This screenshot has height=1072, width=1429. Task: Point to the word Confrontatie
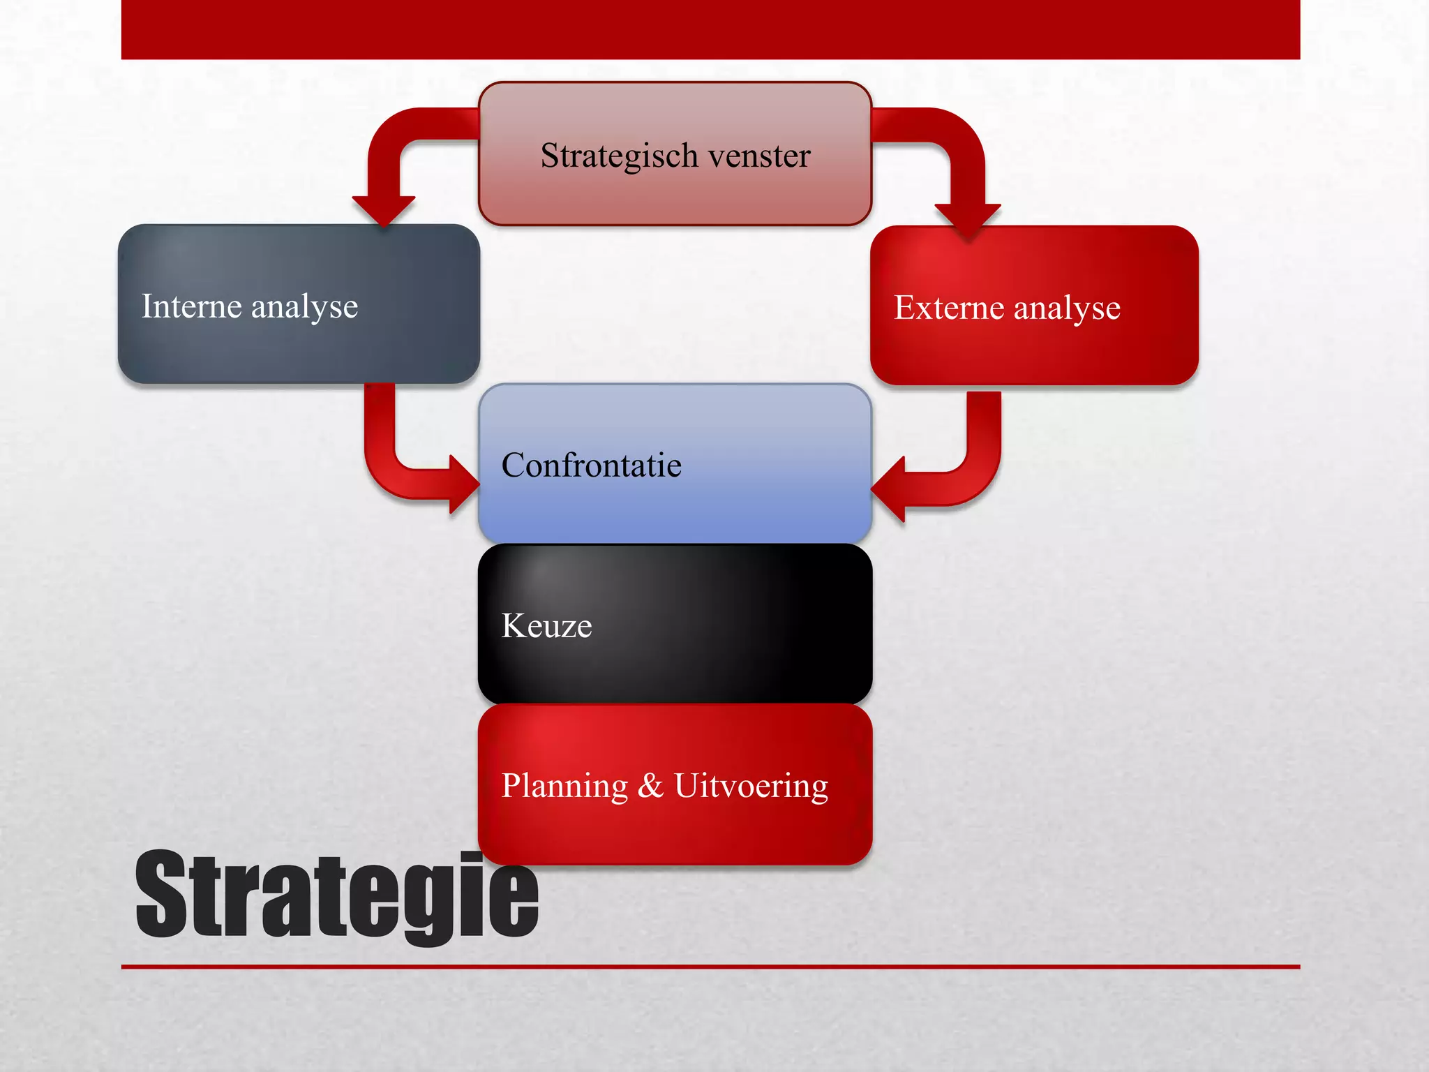591,466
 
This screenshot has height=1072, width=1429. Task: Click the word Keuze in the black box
546,626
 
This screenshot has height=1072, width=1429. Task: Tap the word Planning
564,787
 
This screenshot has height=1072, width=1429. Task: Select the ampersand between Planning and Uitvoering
650,785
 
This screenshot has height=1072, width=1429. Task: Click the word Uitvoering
751,787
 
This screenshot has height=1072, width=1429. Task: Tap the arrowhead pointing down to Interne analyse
383,210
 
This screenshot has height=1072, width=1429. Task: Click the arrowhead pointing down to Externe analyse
968,219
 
